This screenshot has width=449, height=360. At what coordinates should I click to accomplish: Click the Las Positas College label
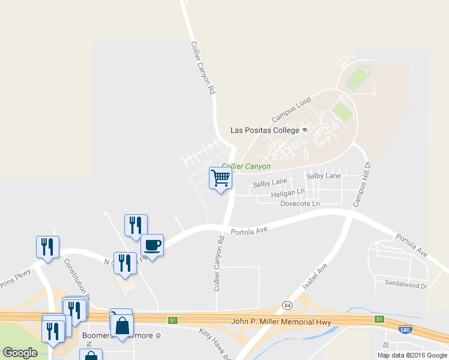[265, 130]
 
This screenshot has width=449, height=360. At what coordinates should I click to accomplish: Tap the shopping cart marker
[221, 178]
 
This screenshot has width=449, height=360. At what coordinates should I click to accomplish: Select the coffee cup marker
[152, 245]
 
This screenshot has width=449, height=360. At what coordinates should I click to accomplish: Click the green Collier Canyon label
[246, 166]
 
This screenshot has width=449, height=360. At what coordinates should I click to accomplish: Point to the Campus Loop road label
[292, 110]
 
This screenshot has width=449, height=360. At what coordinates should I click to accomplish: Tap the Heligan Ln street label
[288, 193]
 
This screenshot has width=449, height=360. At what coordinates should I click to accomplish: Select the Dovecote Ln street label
[300, 204]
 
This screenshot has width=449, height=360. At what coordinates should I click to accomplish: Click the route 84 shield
[288, 305]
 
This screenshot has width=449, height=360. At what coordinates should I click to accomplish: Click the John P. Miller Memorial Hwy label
[281, 322]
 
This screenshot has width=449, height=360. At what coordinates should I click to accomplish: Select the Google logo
[20, 352]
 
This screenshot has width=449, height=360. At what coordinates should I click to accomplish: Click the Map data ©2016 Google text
[412, 355]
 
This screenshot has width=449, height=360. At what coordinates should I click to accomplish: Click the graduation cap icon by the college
[305, 130]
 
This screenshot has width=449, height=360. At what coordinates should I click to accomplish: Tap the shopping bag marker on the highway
[121, 325]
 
